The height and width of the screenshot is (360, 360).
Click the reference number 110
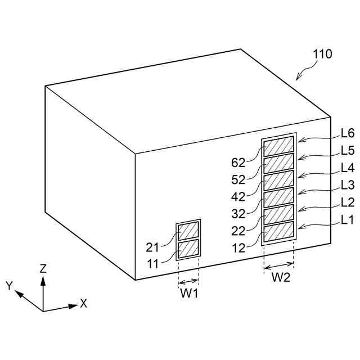pyautogui.click(x=322, y=55)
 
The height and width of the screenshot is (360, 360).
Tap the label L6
pyautogui.click(x=347, y=134)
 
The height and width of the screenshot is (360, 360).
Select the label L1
pyautogui.click(x=347, y=220)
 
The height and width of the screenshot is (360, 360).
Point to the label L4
pyautogui.click(x=347, y=168)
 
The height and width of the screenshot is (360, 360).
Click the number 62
pyautogui.click(x=238, y=163)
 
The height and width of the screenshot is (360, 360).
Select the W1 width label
pyautogui.click(x=188, y=293)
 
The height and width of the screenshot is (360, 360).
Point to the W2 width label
pyautogui.click(x=281, y=277)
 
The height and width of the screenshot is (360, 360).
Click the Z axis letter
pyautogui.click(x=43, y=268)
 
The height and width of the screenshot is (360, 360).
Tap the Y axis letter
pyautogui.click(x=10, y=286)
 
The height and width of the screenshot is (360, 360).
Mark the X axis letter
pyautogui.click(x=84, y=303)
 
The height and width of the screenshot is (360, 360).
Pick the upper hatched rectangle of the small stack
pyautogui.click(x=188, y=231)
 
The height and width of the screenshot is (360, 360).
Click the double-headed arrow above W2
pyautogui.click(x=279, y=265)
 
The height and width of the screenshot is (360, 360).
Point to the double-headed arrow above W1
pyautogui.click(x=188, y=281)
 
